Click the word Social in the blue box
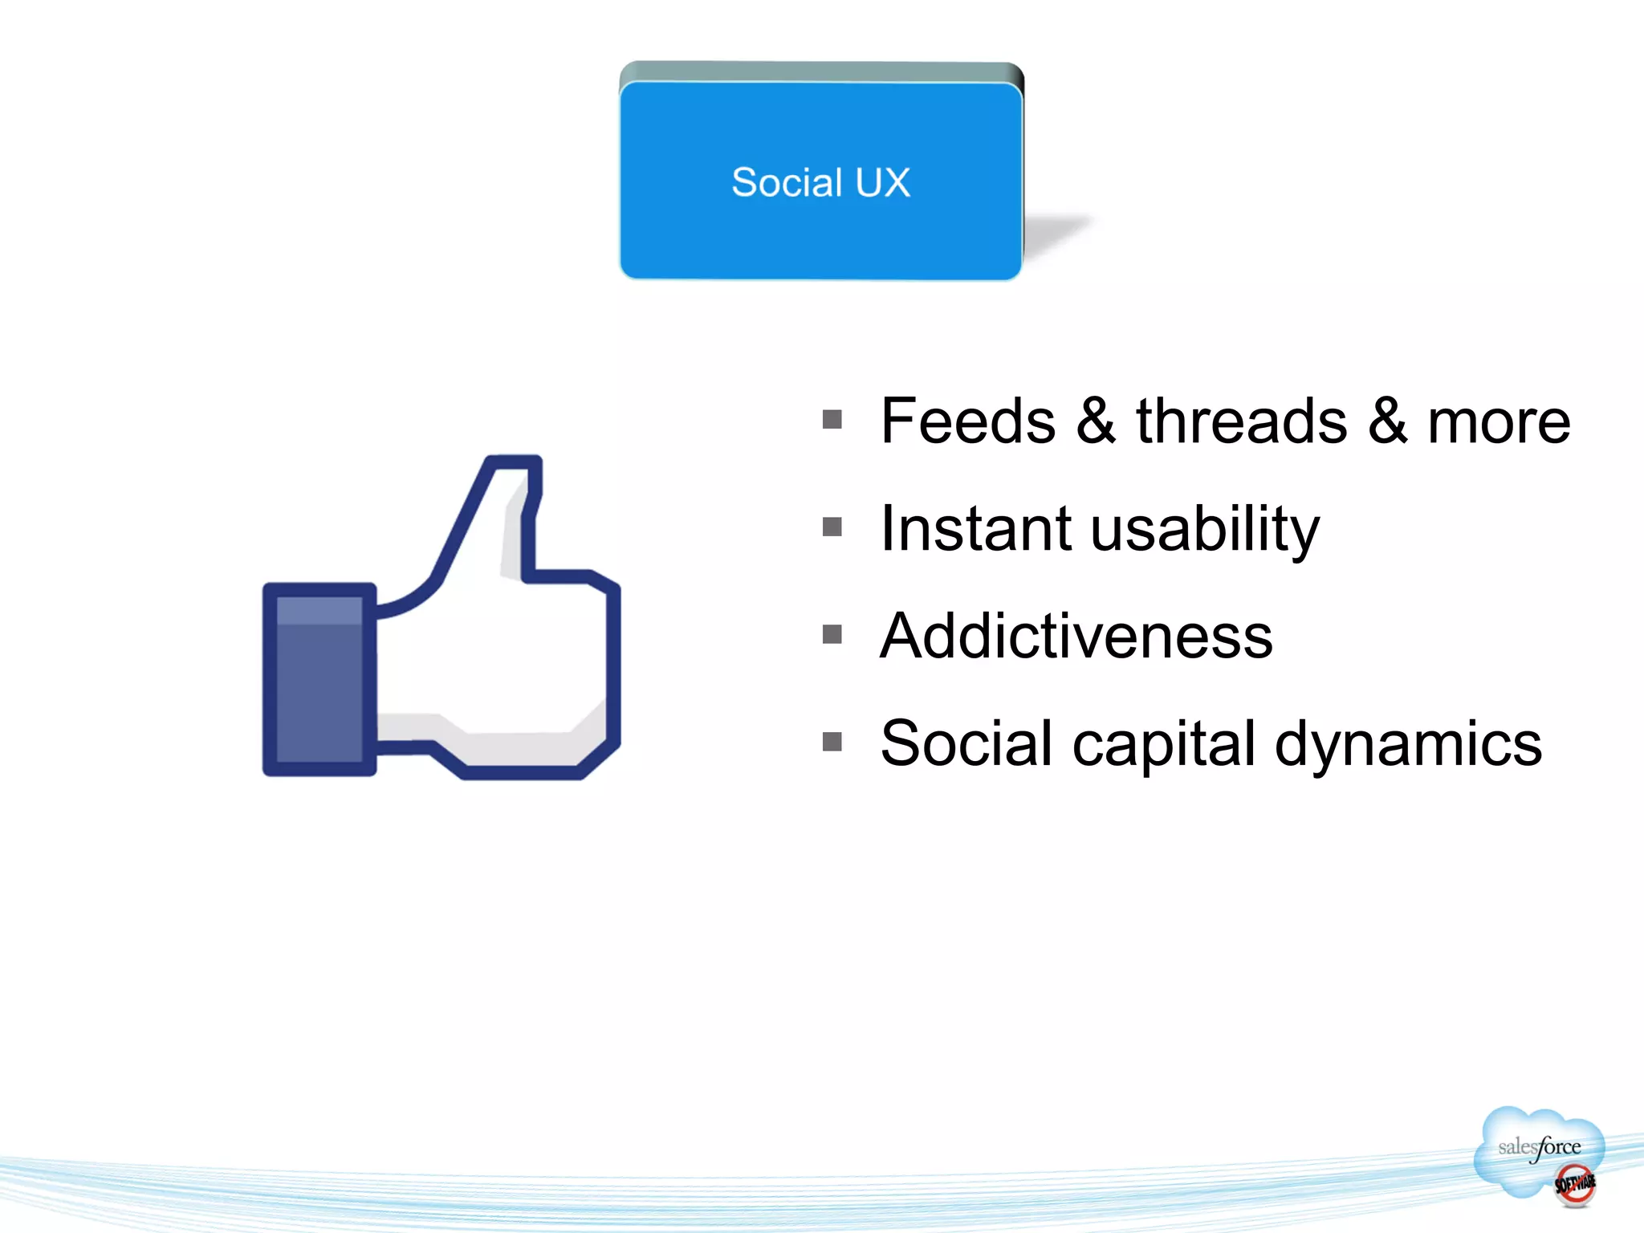[787, 182]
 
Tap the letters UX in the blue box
[882, 182]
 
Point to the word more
[1498, 422]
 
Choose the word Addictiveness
[1076, 636]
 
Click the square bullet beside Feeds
[832, 419]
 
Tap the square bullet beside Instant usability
[832, 527]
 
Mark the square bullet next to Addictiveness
[832, 634]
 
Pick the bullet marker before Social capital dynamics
[832, 742]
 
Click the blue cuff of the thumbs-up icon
[319, 679]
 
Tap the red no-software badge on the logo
[1574, 1185]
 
